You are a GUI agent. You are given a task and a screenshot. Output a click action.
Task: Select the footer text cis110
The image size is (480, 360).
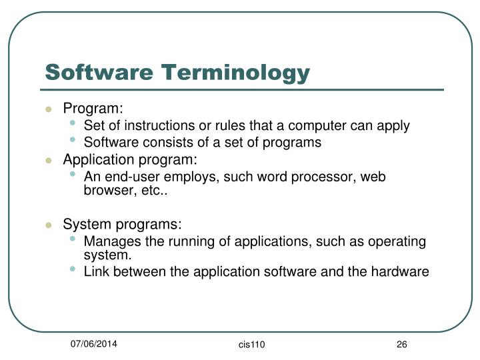(x=251, y=344)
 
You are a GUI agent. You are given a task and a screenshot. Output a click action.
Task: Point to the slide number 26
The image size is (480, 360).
(x=401, y=344)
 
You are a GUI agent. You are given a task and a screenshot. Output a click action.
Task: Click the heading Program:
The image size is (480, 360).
(x=93, y=109)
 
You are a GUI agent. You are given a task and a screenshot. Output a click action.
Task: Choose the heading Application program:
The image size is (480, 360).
(x=130, y=160)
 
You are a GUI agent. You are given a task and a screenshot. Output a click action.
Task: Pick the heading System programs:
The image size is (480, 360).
(x=122, y=225)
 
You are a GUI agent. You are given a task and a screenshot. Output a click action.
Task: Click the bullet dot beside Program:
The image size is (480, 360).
(x=49, y=109)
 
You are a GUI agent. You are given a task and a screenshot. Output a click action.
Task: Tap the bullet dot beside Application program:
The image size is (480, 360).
(x=49, y=161)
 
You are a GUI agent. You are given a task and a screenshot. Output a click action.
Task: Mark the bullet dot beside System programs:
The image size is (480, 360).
(x=49, y=225)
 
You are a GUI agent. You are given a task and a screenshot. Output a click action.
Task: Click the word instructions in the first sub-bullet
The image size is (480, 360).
(x=149, y=126)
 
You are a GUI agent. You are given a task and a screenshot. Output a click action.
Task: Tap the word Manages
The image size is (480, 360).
(x=109, y=241)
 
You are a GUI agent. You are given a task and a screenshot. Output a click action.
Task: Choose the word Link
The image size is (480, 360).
(x=96, y=271)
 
